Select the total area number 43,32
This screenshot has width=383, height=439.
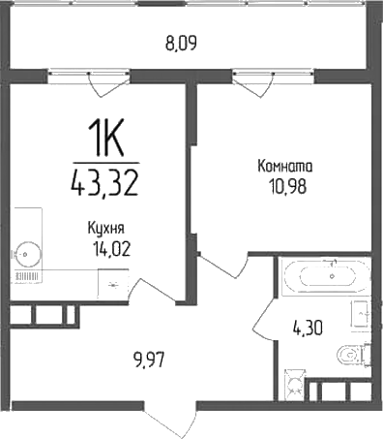105,179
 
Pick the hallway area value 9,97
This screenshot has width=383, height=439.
148,363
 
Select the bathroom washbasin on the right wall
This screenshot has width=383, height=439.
364,314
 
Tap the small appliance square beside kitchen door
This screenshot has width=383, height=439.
115,284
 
